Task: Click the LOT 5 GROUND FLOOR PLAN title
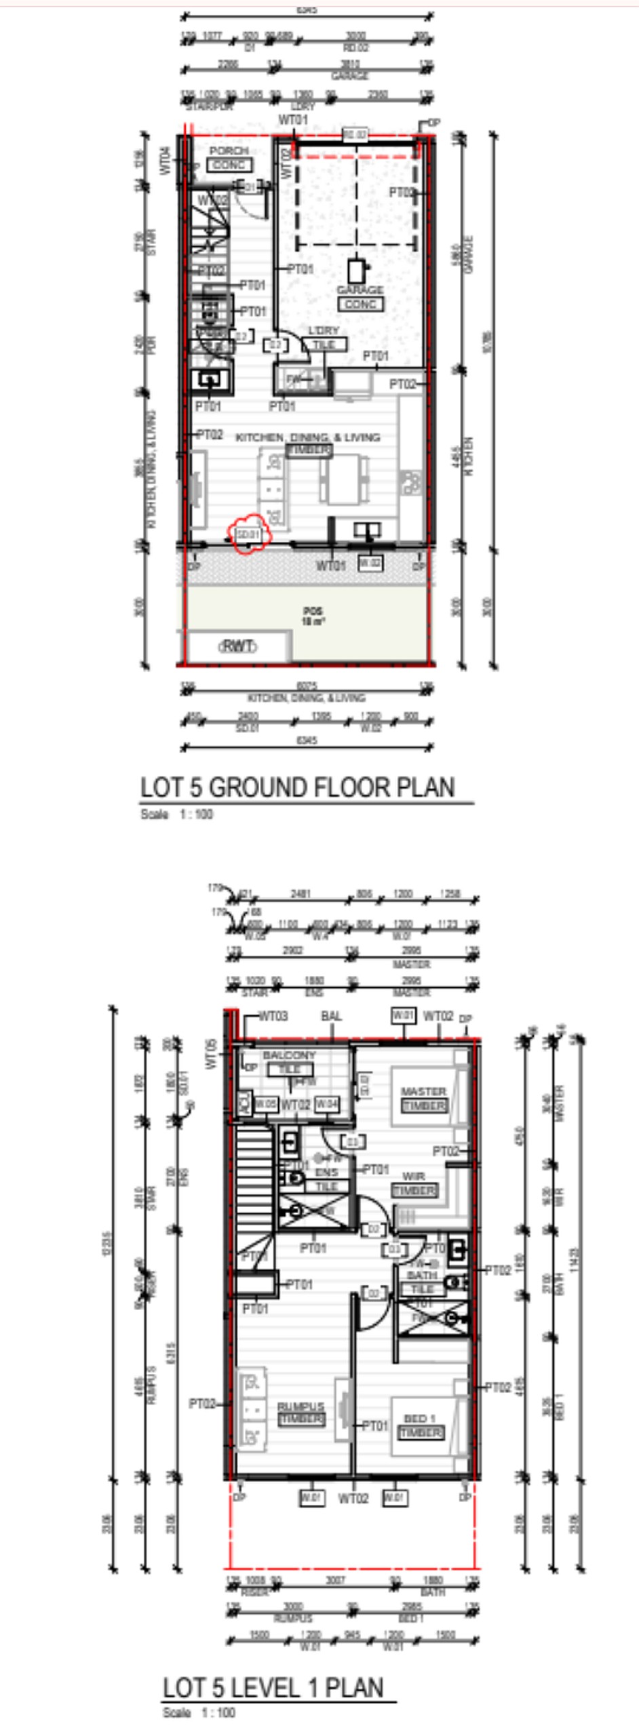click(x=297, y=787)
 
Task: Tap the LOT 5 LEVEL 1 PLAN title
click(x=273, y=1687)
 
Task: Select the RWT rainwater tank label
click(x=237, y=646)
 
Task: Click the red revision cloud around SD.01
click(x=248, y=534)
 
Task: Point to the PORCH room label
click(x=229, y=151)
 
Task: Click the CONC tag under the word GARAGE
click(x=360, y=304)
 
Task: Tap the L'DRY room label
click(x=324, y=330)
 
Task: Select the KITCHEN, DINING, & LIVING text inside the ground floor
click(x=307, y=437)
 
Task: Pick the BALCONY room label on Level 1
click(x=289, y=1055)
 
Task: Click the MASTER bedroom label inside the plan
click(x=423, y=1091)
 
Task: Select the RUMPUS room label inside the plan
click(x=301, y=1406)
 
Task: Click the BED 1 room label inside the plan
click(x=420, y=1419)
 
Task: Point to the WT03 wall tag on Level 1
click(x=273, y=1016)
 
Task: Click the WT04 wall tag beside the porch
click(x=166, y=161)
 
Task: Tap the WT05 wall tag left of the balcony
click(x=211, y=1054)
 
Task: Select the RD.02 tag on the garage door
click(x=354, y=134)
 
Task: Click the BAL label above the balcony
click(x=331, y=1016)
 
